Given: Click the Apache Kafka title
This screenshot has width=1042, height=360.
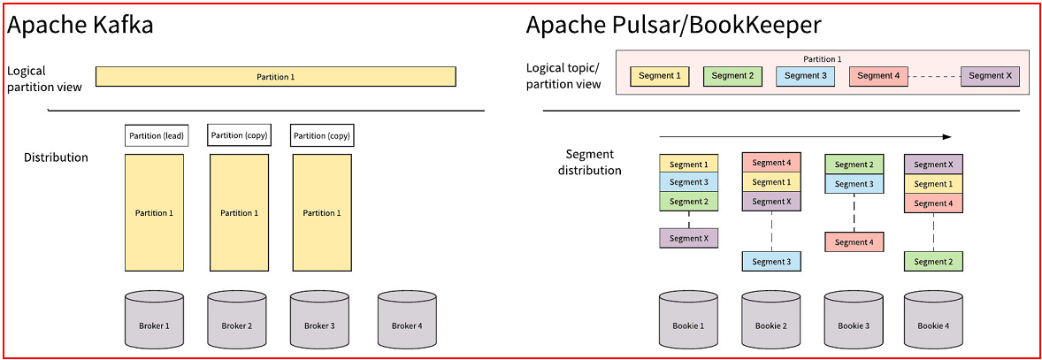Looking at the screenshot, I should tap(80, 25).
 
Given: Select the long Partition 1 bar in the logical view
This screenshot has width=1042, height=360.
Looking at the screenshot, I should tap(275, 77).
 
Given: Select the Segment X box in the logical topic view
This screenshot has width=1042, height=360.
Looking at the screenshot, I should tap(990, 76).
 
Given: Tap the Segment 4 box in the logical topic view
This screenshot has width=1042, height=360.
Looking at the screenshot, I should tap(878, 76).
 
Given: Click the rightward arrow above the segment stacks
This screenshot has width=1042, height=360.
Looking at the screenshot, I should tap(805, 137).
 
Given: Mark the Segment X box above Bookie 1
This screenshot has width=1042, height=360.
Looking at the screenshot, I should tap(688, 238).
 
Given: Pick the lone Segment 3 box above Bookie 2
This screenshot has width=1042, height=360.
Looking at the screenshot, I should tap(771, 261).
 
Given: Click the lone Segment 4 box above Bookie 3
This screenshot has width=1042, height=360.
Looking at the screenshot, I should tap(853, 241).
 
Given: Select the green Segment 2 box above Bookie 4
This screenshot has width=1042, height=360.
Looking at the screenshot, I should tap(932, 261).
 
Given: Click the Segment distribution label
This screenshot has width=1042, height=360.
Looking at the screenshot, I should tap(589, 162).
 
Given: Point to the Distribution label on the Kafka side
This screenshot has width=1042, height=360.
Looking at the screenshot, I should tap(56, 157).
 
